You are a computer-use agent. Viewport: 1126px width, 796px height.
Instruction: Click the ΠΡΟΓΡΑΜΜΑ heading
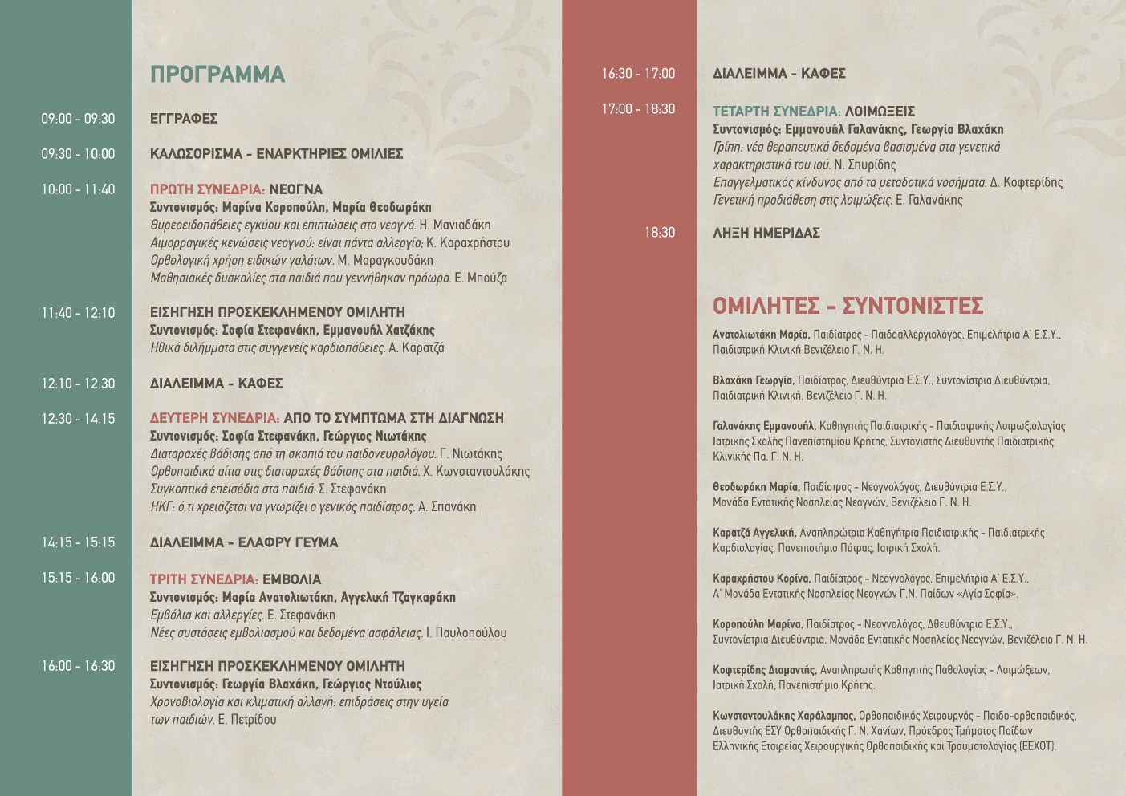point(217,75)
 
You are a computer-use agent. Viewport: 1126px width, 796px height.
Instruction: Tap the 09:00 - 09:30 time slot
point(78,119)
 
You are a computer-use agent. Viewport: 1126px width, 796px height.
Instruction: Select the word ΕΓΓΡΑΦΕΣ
point(184,119)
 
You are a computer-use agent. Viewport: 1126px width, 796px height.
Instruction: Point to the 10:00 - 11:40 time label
point(78,189)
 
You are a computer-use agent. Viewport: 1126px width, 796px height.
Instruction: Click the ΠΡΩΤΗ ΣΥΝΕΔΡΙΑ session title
point(207,189)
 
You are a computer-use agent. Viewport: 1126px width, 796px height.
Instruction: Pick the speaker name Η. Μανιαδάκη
point(455,225)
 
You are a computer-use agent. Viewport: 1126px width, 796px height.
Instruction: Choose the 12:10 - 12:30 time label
point(78,384)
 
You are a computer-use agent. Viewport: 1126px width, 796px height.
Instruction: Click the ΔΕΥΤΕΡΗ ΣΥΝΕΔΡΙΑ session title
point(214,418)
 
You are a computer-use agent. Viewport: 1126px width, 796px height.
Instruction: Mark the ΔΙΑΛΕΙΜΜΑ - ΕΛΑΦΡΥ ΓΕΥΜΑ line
point(244,542)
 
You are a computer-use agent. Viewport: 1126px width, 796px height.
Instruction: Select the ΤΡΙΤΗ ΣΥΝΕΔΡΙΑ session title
point(204,579)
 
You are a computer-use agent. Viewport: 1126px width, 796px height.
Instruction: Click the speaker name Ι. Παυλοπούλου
point(466,632)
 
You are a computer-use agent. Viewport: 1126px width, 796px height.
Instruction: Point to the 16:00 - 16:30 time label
point(78,666)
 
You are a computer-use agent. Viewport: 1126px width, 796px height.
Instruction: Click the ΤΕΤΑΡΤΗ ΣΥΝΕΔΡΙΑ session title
point(776,112)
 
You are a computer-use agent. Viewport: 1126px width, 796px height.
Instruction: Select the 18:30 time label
point(660,233)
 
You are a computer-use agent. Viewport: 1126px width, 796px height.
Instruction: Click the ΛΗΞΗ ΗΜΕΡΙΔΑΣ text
point(766,233)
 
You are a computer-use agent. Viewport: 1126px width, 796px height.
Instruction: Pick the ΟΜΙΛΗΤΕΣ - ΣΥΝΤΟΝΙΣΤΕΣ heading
point(848,306)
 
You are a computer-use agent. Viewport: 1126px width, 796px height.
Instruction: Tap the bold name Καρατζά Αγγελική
point(754,533)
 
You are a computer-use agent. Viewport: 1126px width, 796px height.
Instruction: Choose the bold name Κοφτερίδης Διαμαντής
point(764,670)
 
